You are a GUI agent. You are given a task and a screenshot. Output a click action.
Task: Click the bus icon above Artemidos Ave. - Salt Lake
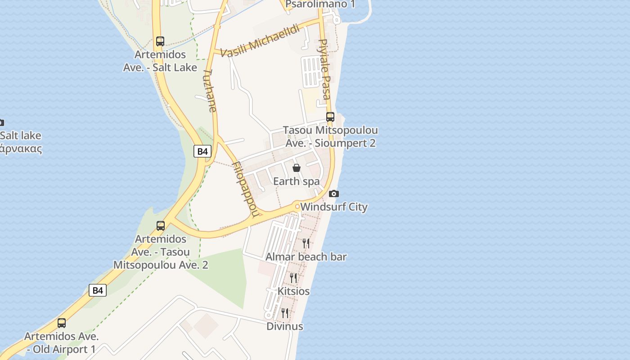click(x=160, y=41)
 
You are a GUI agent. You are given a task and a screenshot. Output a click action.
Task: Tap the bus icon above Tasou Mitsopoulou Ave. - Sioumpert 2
click(x=330, y=117)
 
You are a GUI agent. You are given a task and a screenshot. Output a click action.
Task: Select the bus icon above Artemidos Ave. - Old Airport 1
click(x=62, y=323)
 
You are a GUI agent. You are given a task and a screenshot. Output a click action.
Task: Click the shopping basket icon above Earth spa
click(x=297, y=168)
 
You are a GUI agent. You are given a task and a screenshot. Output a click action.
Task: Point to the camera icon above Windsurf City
click(x=333, y=194)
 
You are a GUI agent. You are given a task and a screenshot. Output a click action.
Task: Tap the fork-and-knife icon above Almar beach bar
click(x=306, y=243)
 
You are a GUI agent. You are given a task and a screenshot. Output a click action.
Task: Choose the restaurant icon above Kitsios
click(x=293, y=278)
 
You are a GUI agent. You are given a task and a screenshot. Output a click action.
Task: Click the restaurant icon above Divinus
click(x=285, y=313)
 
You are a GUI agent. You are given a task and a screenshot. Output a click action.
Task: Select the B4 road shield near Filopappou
click(x=202, y=151)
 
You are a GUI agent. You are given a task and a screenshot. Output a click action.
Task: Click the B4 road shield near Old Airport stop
click(x=98, y=290)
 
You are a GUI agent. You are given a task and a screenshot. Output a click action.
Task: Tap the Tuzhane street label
click(x=210, y=90)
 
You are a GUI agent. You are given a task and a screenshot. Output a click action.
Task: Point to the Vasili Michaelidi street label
click(x=261, y=41)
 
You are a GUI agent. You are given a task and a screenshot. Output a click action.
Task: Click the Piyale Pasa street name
click(x=324, y=69)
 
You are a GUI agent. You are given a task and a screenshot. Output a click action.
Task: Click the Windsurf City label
click(x=334, y=207)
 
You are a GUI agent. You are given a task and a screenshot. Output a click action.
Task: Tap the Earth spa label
click(x=297, y=181)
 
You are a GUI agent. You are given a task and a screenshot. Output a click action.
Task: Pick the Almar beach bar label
click(x=306, y=257)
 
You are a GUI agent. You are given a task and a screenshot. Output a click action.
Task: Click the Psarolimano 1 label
click(x=320, y=4)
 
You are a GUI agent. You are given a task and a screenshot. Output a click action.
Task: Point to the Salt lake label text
click(x=21, y=136)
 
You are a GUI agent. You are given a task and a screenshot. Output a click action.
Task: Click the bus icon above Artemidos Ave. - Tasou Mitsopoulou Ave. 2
click(x=161, y=226)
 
